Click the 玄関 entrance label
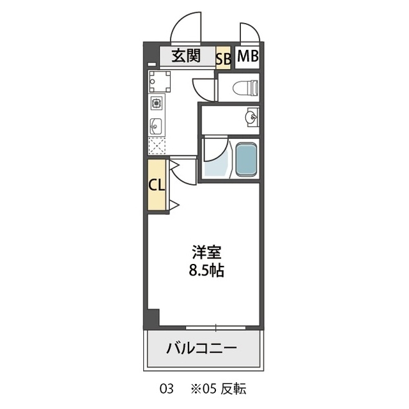[185, 56]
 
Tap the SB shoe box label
[224, 58]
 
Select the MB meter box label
[247, 56]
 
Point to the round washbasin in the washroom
[252, 117]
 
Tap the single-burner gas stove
[157, 103]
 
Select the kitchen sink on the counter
[157, 125]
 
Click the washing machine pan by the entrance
[159, 82]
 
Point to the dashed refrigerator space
[157, 146]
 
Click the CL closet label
[157, 186]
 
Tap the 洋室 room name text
[204, 251]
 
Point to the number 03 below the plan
[166, 389]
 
